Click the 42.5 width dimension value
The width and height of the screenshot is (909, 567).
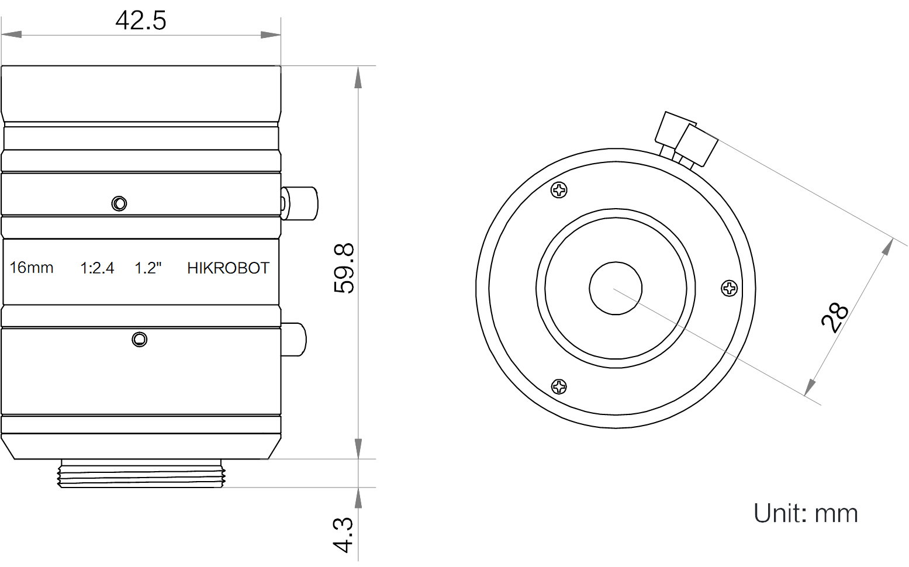[141, 20]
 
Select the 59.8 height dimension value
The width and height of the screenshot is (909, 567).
[344, 268]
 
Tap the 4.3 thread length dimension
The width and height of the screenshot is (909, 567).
[343, 535]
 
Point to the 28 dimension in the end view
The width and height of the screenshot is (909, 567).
[834, 317]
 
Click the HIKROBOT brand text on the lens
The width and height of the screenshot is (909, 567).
[228, 268]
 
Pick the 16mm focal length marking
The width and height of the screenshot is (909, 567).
[31, 268]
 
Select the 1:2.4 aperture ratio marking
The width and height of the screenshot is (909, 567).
[97, 268]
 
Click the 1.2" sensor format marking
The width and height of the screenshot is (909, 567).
[148, 268]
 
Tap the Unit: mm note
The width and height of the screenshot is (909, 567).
[806, 513]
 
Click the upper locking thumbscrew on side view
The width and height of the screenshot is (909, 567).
[299, 203]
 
